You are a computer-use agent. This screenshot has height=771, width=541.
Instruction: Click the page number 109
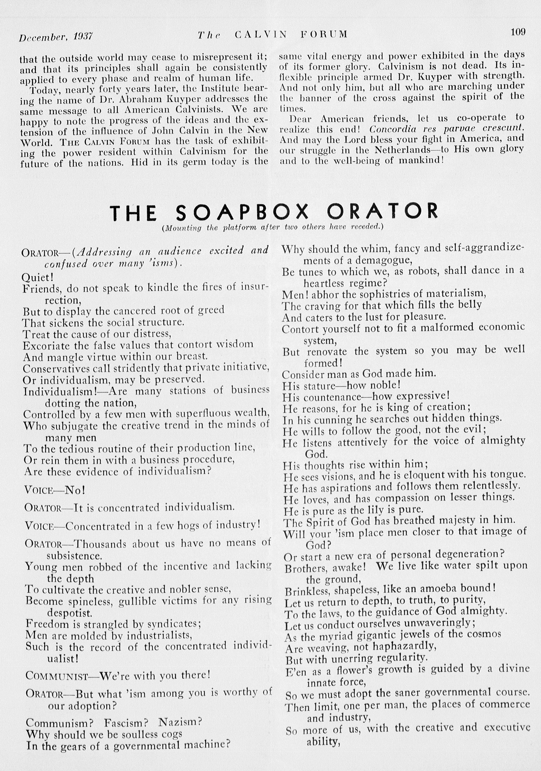point(518,32)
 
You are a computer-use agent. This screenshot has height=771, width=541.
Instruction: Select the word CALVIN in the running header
point(261,34)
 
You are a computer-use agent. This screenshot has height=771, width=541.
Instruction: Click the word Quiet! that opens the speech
point(37,277)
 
